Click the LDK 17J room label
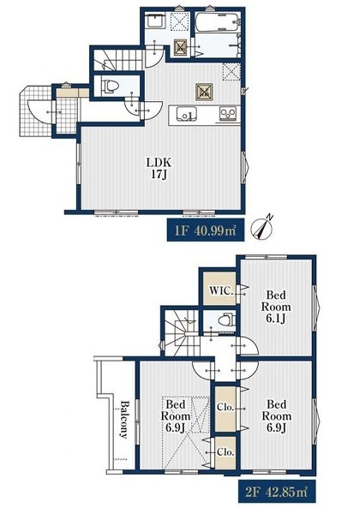(x=159, y=168)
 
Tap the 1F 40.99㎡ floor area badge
(x=206, y=230)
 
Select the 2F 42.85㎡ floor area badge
(x=277, y=491)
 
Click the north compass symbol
(x=262, y=227)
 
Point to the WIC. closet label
(x=222, y=290)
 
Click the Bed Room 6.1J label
(x=276, y=307)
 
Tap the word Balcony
(x=124, y=419)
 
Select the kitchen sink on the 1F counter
(x=187, y=115)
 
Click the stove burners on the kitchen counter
(x=228, y=114)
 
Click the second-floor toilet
(x=227, y=320)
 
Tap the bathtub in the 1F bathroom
(x=217, y=22)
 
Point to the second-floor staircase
(x=182, y=332)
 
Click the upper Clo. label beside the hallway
(x=225, y=408)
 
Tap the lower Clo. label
(x=225, y=452)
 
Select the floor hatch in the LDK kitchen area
(x=204, y=92)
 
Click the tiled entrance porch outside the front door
(x=35, y=111)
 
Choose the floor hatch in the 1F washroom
(x=180, y=47)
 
